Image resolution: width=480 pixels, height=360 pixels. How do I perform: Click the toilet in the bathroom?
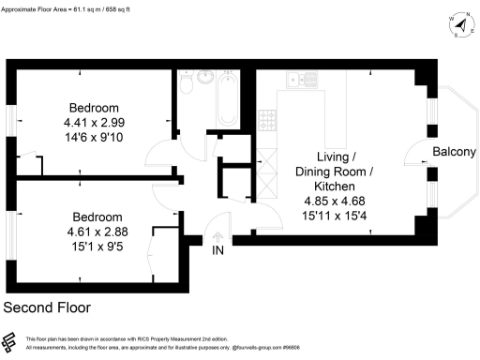click(x=187, y=84)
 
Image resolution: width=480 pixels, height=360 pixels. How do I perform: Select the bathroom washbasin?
click(x=206, y=78)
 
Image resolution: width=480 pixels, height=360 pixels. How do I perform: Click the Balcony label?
click(x=455, y=153)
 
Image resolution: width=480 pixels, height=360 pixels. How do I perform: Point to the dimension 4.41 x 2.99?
click(x=94, y=122)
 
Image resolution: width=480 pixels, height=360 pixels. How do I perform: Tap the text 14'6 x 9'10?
click(x=94, y=137)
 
